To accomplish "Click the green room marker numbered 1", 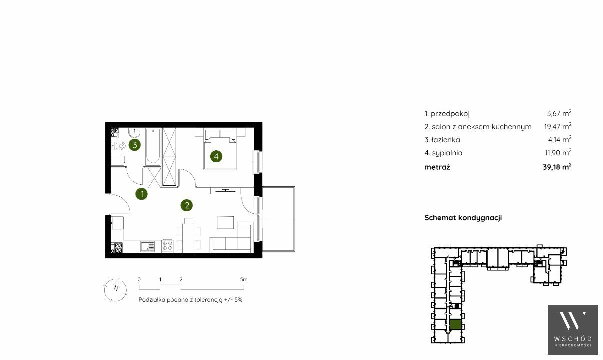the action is tap(142, 194).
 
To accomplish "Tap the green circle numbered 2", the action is tap(187, 205).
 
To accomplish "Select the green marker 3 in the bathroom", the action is tap(135, 145).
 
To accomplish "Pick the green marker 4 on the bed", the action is tap(216, 156).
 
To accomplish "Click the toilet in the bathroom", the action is tap(119, 146).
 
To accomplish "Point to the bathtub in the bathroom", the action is tap(153, 147).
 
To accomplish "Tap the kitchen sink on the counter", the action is tap(147, 247).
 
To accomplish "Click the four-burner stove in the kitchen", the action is tap(167, 246).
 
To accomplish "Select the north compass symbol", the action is tap(115, 290).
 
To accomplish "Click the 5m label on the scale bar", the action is tap(244, 279).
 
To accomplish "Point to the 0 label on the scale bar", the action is tap(139, 279).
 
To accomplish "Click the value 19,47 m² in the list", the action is tap(558, 126).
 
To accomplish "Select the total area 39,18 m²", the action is tap(557, 167).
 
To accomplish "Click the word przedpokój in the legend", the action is tap(450, 114).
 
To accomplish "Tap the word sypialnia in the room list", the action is tap(447, 153).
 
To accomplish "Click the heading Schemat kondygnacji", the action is tap(463, 218).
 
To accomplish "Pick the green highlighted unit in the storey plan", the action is tap(455, 325).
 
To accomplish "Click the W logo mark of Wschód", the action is tap(572, 321).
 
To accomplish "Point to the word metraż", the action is tap(437, 167).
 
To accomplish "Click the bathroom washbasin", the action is tap(134, 132).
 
